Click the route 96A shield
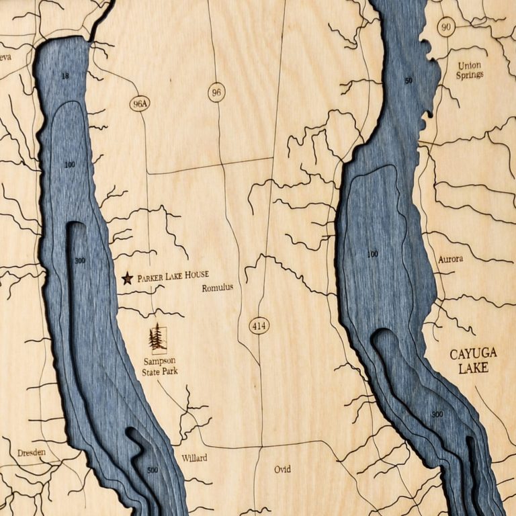pos(140,103)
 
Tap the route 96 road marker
pos(216,93)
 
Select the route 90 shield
pos(445,27)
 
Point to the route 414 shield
pos(259,327)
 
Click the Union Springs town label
pos(470,71)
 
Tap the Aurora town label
pos(450,259)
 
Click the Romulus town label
pos(218,288)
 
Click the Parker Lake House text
pos(173,275)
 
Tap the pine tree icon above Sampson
pos(158,337)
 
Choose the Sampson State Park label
pos(160,365)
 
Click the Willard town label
pos(194,458)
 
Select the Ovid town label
pos(282,469)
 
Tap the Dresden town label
pos(32,452)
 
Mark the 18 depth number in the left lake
pos(65,76)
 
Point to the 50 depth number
pos(408,81)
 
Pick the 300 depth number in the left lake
pos(81,260)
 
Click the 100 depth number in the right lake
pos(373,254)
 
